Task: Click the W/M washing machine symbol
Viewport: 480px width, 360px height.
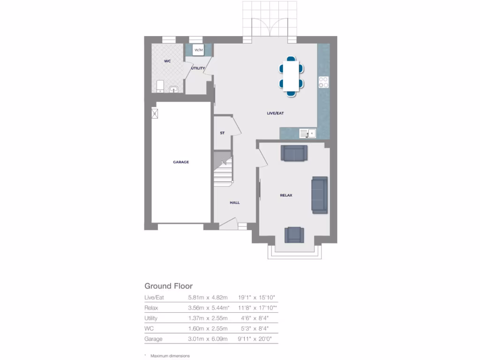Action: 198,50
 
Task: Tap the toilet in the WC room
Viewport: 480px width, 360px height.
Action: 159,86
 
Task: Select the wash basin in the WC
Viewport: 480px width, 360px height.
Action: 174,88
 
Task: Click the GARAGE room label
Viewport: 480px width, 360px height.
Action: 181,162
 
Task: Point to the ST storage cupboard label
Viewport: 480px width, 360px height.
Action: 222,133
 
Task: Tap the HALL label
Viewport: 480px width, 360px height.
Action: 234,202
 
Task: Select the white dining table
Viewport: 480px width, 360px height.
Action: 291,76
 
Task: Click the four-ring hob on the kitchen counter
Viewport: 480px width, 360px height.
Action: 323,82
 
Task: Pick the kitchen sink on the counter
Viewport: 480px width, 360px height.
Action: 307,134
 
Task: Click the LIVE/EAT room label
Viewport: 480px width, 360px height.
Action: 275,113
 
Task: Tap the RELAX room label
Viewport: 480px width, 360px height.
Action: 286,195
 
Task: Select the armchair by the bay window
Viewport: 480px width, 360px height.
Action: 294,234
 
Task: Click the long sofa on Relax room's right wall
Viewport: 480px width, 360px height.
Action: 320,195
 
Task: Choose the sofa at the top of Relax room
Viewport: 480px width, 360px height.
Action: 294,153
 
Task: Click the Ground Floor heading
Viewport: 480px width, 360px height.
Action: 168,286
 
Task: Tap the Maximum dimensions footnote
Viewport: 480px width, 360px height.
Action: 170,356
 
